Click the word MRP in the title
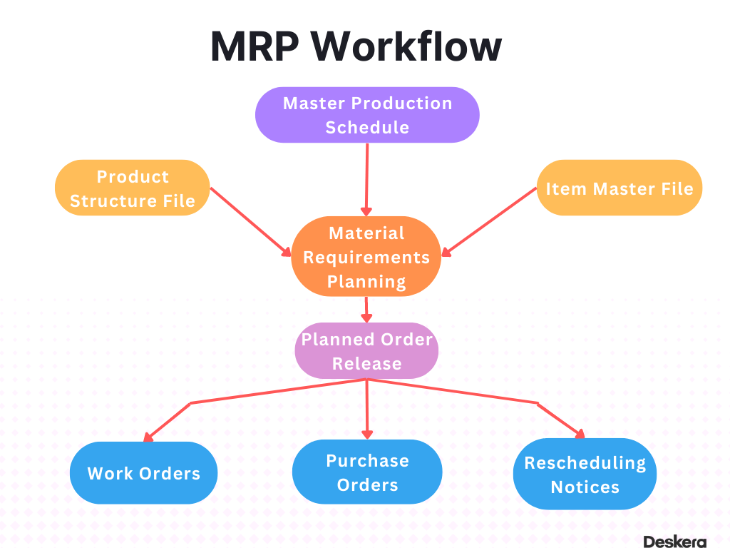tap(256, 47)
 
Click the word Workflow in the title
tap(408, 47)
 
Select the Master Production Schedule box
tap(367, 115)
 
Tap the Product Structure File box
tap(132, 188)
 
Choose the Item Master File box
tap(619, 188)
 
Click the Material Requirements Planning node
tap(366, 257)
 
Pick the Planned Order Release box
tap(366, 351)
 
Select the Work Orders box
tap(143, 473)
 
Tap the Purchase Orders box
tap(367, 473)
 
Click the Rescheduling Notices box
tap(585, 475)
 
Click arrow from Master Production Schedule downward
tap(366, 178)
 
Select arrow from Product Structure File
tap(250, 221)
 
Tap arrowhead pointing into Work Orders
tap(148, 437)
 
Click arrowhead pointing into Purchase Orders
tap(367, 433)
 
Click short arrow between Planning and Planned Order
tap(366, 310)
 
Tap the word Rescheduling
tap(585, 463)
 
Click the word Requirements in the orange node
tap(366, 257)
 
